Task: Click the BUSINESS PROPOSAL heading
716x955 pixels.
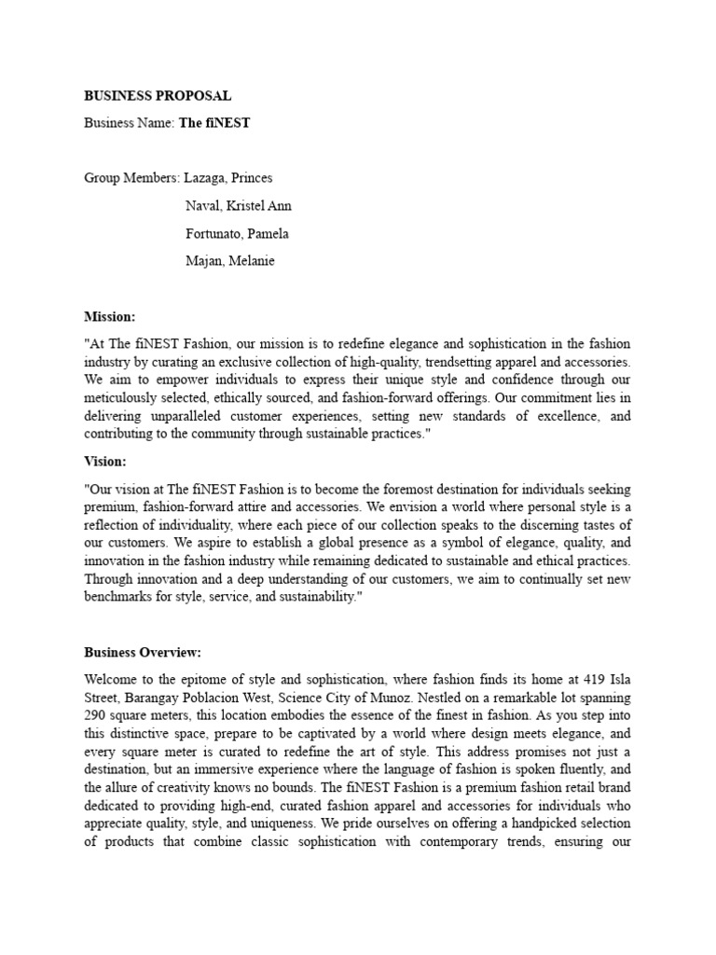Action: click(x=158, y=95)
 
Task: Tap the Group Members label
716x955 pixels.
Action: click(x=132, y=177)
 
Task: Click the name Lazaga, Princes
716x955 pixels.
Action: click(x=229, y=177)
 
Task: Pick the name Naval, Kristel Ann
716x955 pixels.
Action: click(x=239, y=205)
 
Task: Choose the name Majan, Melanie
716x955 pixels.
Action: click(x=228, y=261)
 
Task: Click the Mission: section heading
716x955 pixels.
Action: click(x=109, y=317)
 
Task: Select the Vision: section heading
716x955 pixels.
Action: click(x=105, y=461)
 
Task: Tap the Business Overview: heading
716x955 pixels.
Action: click(x=143, y=652)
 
